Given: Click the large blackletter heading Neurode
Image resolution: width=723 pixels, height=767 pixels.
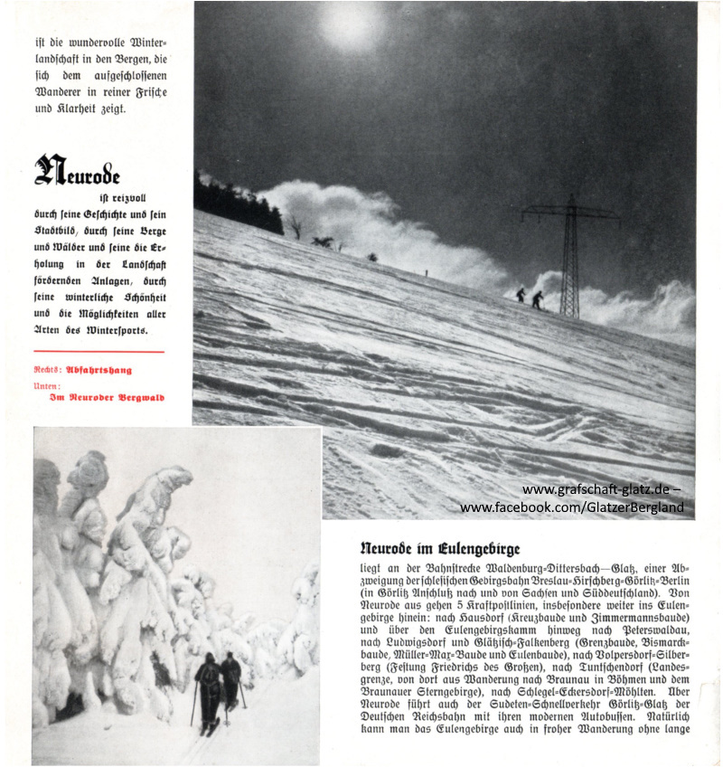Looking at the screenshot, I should tap(77, 171).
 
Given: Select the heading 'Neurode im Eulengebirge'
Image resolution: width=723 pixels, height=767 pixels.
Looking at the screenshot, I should tap(439, 548).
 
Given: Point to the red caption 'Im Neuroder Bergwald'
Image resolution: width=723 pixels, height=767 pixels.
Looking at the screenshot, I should tap(107, 396).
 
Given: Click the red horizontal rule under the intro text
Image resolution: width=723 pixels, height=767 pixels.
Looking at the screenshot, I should tap(99, 351).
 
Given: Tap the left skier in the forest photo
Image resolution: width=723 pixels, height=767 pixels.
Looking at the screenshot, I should tap(207, 687).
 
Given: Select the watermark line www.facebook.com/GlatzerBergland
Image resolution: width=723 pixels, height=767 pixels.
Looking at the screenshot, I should tap(571, 507).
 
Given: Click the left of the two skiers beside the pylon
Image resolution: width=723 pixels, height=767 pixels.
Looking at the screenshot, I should tap(521, 295).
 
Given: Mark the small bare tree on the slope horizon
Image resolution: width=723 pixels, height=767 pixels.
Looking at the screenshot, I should tap(294, 224).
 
